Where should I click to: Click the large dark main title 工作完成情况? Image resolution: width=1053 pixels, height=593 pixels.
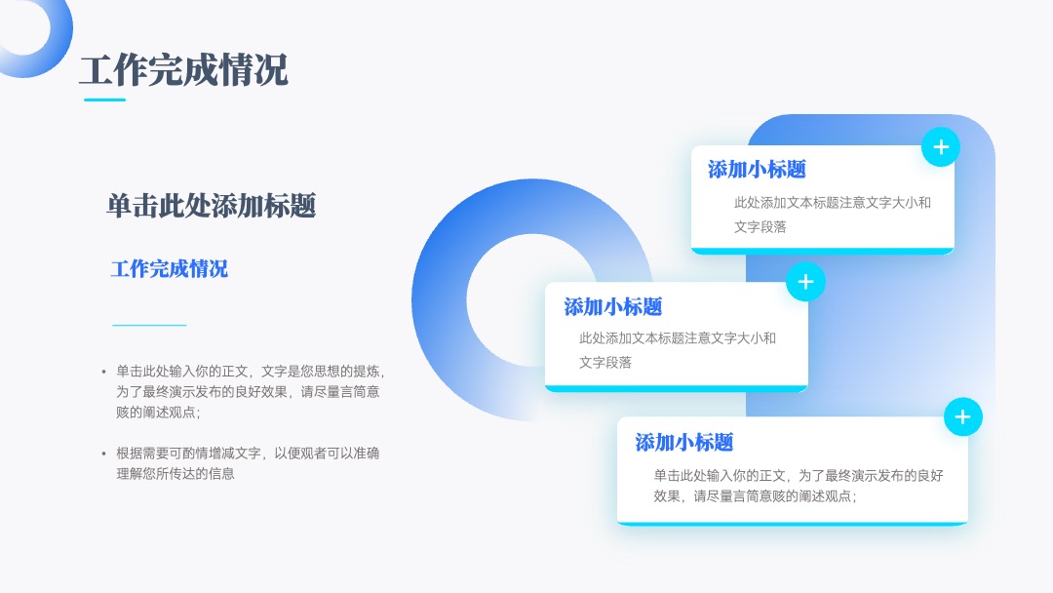tap(183, 70)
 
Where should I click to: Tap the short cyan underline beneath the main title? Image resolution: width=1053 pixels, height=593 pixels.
tap(104, 100)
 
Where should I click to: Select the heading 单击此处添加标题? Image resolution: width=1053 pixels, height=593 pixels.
tap(211, 206)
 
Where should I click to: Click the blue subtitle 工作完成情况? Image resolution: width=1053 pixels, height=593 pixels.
tap(170, 268)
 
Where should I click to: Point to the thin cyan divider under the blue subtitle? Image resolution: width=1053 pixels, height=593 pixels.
tap(149, 325)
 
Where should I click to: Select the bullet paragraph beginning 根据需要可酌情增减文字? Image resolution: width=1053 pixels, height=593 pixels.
tap(247, 463)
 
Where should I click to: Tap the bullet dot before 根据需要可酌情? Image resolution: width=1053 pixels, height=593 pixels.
tap(103, 454)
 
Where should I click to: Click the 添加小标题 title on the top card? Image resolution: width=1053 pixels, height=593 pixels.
tap(757, 170)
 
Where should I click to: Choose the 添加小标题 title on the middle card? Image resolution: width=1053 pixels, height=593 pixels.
tap(613, 307)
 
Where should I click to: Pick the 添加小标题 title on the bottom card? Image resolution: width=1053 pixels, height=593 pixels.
tap(684, 443)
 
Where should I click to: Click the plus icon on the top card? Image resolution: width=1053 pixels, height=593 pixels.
tap(941, 147)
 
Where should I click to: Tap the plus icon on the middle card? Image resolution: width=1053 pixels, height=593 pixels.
tap(805, 282)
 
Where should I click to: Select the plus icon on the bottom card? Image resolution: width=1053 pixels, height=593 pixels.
tap(963, 417)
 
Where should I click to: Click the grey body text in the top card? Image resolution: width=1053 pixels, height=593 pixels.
tap(832, 215)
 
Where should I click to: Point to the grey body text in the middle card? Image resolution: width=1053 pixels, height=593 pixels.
tap(678, 350)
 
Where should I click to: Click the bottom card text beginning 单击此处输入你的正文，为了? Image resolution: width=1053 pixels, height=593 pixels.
tap(799, 486)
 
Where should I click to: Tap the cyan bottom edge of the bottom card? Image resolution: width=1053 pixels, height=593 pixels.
tap(793, 523)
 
